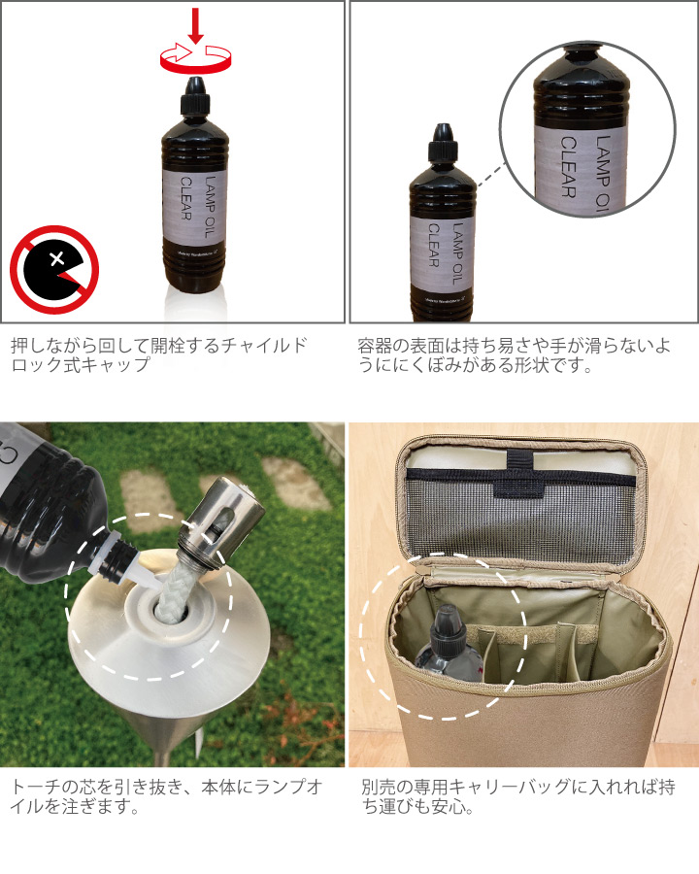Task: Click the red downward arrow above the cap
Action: (196, 25)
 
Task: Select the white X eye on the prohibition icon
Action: (57, 259)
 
